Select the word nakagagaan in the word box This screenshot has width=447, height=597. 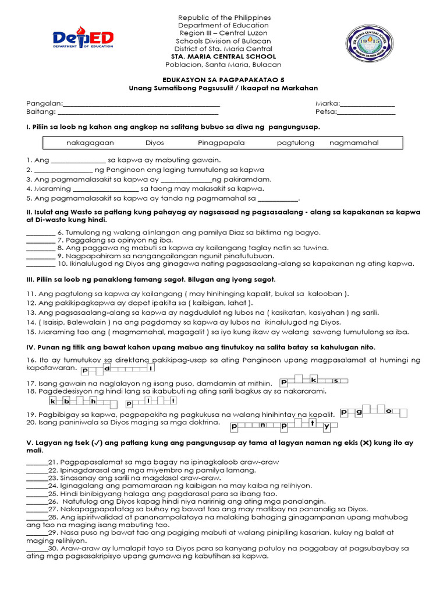(x=90, y=143)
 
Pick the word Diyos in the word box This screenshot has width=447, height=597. (x=155, y=143)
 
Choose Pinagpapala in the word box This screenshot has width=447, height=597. (x=221, y=143)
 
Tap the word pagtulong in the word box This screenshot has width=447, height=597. (x=296, y=143)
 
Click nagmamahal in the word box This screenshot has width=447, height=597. (x=354, y=143)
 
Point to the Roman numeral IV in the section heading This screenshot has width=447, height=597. (x=30, y=347)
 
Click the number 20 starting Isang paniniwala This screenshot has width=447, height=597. (x=30, y=422)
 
